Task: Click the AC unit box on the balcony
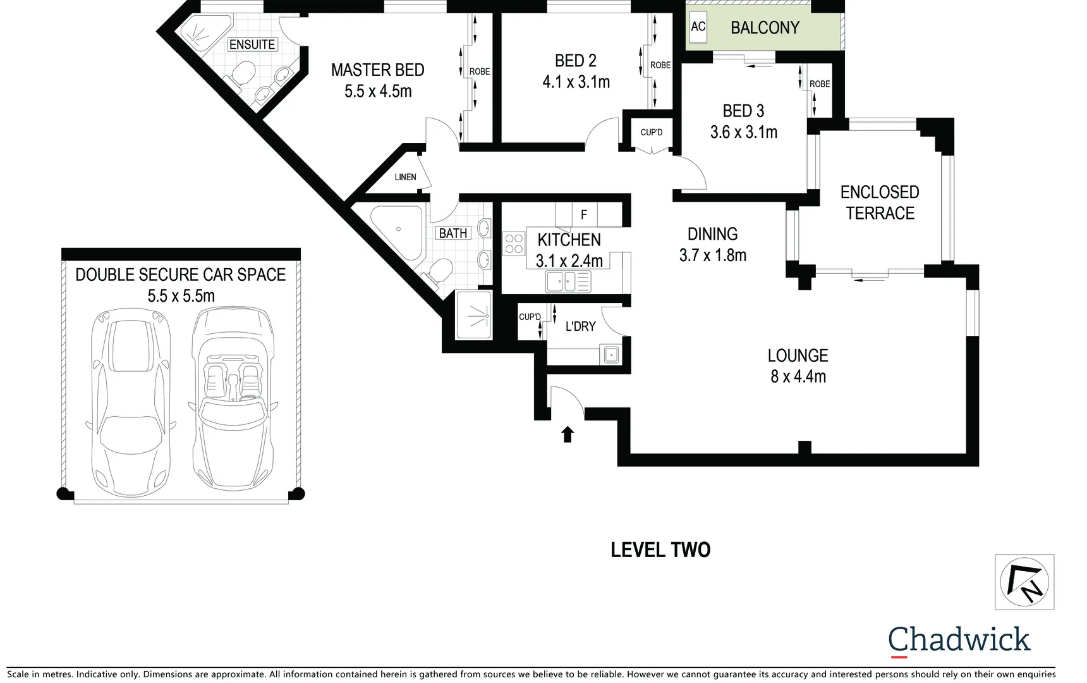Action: [x=698, y=27]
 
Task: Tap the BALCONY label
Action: [x=765, y=28]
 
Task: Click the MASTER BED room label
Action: [x=377, y=70]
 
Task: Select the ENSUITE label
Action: [x=252, y=45]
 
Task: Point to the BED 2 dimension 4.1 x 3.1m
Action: [x=576, y=82]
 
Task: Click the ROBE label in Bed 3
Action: [x=820, y=84]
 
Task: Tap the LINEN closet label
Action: [x=405, y=177]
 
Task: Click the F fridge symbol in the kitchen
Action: [x=584, y=215]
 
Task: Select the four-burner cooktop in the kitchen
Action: [x=514, y=244]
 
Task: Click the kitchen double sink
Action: [x=568, y=281]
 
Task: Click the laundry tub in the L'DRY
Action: [x=611, y=355]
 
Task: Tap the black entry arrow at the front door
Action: [x=568, y=434]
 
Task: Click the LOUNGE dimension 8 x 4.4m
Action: [x=798, y=377]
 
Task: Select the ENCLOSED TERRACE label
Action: [x=880, y=203]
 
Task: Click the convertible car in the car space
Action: [x=233, y=398]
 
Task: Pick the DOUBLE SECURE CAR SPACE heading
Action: [x=181, y=275]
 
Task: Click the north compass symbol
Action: [x=1024, y=582]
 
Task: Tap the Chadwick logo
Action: [x=959, y=640]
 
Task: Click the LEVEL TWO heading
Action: [x=660, y=550]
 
